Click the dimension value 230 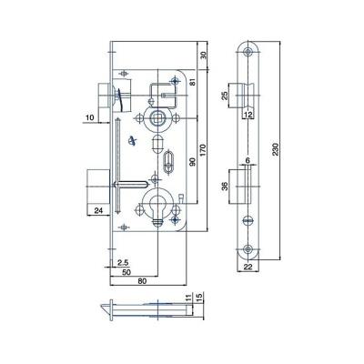(276, 149)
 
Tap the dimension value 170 (203, 150)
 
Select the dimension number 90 (192, 161)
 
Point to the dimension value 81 (193, 82)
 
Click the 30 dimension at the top (203, 55)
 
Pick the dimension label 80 (142, 281)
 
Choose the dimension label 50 (126, 272)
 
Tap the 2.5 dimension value (124, 263)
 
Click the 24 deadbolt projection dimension (98, 210)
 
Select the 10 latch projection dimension (90, 117)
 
